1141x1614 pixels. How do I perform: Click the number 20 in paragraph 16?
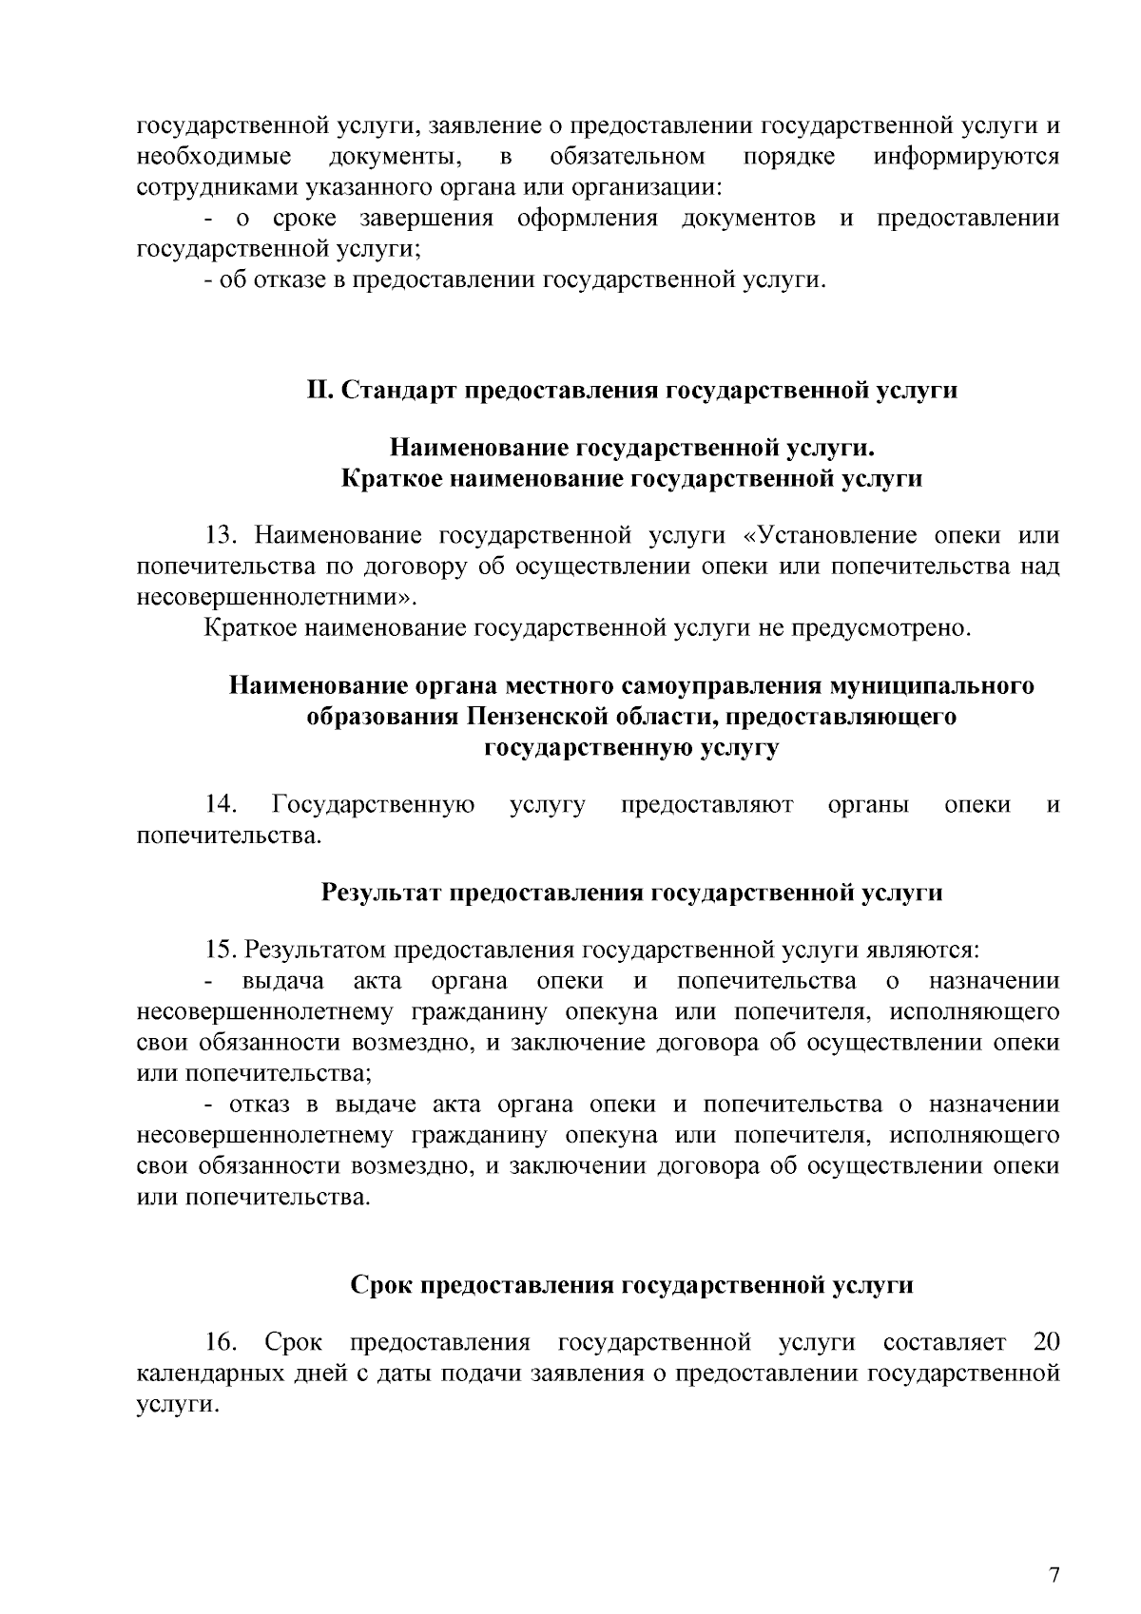tap(1045, 1343)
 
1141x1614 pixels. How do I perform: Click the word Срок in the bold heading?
tap(383, 1286)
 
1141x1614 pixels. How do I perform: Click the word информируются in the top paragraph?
tap(966, 156)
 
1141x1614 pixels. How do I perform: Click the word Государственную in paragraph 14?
tap(374, 805)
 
